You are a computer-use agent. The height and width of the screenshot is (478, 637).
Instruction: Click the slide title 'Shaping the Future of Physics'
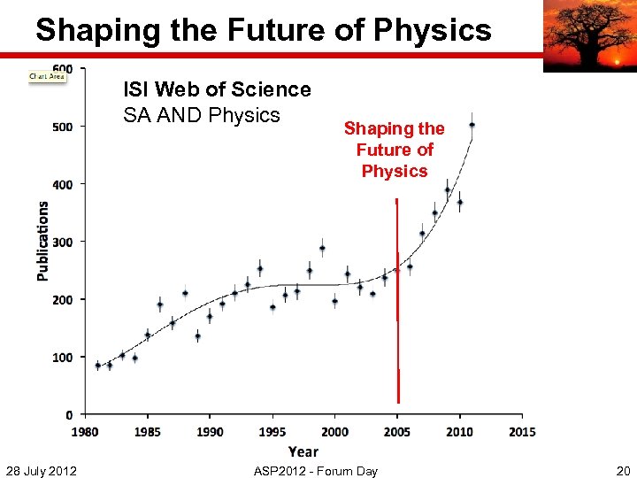(x=263, y=30)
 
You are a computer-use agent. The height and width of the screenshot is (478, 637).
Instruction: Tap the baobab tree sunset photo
(x=588, y=35)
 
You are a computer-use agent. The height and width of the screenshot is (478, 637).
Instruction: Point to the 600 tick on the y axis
(x=64, y=68)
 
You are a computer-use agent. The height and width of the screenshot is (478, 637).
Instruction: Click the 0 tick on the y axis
(x=70, y=414)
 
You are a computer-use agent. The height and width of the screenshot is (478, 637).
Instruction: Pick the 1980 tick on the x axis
(x=86, y=432)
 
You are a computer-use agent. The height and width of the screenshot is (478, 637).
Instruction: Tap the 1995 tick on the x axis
(x=272, y=432)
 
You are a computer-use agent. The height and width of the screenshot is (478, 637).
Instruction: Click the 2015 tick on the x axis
(x=522, y=432)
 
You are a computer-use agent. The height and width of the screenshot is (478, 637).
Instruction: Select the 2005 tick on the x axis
(x=397, y=432)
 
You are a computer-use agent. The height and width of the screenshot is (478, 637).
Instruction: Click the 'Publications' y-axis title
(x=42, y=241)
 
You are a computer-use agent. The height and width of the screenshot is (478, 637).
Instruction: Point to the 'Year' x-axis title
(x=303, y=451)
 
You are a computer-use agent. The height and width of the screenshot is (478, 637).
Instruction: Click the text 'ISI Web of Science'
(x=217, y=89)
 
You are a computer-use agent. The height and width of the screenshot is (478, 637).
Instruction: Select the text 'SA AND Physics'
(x=202, y=115)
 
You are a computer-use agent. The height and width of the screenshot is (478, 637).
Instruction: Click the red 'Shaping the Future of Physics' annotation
(x=395, y=150)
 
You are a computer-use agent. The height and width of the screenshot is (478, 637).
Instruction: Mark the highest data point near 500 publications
(x=472, y=125)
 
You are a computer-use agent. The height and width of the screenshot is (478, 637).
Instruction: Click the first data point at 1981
(x=97, y=365)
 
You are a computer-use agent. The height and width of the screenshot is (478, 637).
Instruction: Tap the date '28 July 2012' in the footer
(x=41, y=470)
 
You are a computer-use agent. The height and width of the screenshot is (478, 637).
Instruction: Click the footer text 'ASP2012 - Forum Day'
(x=316, y=470)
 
